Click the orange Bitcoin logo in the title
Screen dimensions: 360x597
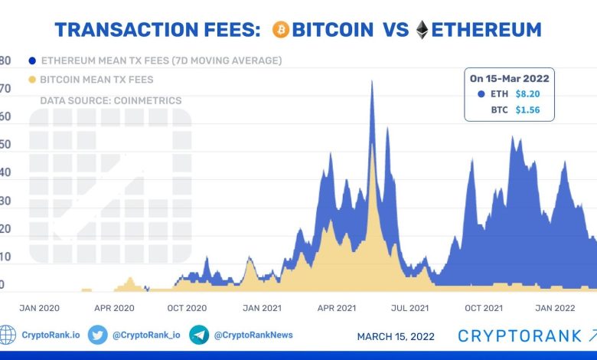pyautogui.click(x=279, y=30)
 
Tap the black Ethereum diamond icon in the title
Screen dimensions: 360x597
pyautogui.click(x=422, y=30)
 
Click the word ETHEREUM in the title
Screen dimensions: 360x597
pyautogui.click(x=486, y=30)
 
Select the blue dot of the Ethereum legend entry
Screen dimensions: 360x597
pyautogui.click(x=31, y=61)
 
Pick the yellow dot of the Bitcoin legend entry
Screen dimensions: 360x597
pyautogui.click(x=31, y=80)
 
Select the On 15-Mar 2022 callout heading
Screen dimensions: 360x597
pyautogui.click(x=510, y=78)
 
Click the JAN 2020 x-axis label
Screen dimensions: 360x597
pyautogui.click(x=39, y=308)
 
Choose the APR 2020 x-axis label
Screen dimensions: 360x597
pyautogui.click(x=114, y=308)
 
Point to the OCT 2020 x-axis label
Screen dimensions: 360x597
pyautogui.click(x=187, y=308)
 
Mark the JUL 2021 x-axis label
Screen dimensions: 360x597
pyautogui.click(x=409, y=308)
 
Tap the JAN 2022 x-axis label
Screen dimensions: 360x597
pyautogui.click(x=555, y=308)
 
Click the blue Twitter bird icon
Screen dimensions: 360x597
pyautogui.click(x=97, y=335)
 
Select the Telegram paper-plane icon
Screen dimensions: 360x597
pyautogui.click(x=199, y=335)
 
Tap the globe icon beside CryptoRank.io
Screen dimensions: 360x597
pyautogui.click(x=8, y=335)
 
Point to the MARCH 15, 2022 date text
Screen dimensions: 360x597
pyautogui.click(x=396, y=336)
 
